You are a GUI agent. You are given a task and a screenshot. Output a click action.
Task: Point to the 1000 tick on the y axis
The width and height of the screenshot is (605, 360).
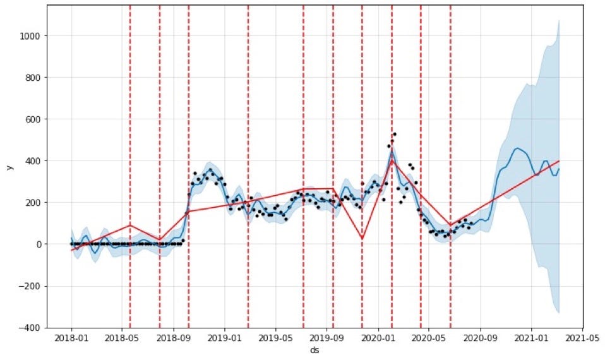pos(31,36)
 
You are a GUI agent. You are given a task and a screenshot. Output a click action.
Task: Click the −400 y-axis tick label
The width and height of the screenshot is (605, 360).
pos(31,328)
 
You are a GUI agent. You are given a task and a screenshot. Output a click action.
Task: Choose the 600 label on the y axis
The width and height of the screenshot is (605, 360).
pos(34,119)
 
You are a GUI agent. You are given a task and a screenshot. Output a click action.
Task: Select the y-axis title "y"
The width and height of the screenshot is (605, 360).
pos(9,167)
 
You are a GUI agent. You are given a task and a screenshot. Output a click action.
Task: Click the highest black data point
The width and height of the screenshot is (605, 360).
pos(395,134)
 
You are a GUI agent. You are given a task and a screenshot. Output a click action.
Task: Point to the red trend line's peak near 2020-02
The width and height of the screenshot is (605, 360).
pos(392,160)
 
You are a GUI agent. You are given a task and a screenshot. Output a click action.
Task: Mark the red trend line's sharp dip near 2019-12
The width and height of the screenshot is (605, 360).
pos(362,238)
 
